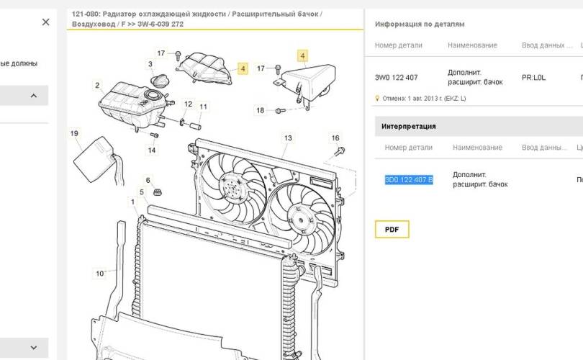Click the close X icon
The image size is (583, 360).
click(46, 22)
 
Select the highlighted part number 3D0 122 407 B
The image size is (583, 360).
click(409, 180)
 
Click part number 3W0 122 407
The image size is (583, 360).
click(396, 77)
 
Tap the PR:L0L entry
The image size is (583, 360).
click(533, 77)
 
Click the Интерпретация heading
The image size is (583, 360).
click(408, 126)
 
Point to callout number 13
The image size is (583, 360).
click(288, 138)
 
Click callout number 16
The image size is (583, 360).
click(335, 138)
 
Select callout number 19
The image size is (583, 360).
click(74, 133)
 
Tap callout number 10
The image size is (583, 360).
click(99, 274)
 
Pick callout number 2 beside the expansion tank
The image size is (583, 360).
click(97, 85)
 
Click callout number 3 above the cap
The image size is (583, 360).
click(150, 64)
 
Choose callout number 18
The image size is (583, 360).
click(260, 110)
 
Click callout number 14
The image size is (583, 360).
click(152, 150)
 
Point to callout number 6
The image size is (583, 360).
click(148, 181)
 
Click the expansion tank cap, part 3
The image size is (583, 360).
click(159, 81)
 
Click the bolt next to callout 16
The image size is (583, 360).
click(340, 150)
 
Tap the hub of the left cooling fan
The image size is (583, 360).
click(231, 184)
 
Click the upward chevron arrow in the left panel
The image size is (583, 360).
click(33, 96)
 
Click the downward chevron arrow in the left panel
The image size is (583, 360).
click(33, 348)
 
